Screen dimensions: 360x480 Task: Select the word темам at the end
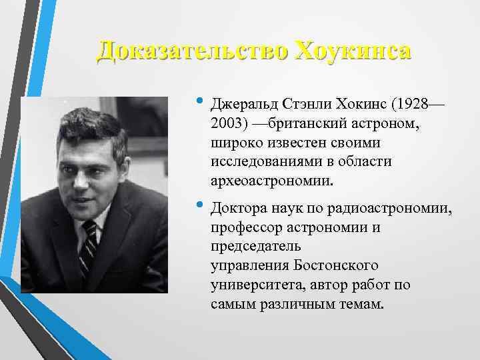tap(361, 303)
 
